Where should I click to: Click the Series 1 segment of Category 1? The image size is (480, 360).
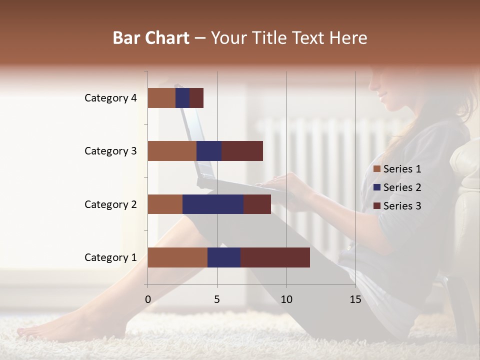tap(177, 257)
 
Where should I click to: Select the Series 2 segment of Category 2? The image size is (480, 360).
tap(212, 204)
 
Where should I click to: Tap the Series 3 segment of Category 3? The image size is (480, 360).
tap(242, 151)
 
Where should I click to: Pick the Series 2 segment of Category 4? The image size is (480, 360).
tap(182, 98)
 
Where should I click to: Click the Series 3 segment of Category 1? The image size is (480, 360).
tap(275, 257)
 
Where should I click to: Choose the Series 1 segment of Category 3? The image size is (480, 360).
tap(171, 151)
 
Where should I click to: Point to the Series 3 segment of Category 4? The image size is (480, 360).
tap(196, 98)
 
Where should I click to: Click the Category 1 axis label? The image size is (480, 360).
tap(110, 257)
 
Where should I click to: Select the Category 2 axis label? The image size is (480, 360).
tap(110, 204)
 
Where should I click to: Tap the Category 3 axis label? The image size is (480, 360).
tap(110, 151)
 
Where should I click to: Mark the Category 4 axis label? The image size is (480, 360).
tap(110, 98)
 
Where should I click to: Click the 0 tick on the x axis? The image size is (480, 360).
tap(147, 299)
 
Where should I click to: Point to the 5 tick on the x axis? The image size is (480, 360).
tap(217, 299)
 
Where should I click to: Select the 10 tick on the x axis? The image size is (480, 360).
tap(286, 299)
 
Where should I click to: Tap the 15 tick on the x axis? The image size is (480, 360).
tap(355, 299)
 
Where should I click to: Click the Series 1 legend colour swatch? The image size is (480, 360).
tap(376, 169)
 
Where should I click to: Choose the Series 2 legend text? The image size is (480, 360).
tap(402, 187)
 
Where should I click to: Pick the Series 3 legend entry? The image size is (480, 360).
tap(397, 206)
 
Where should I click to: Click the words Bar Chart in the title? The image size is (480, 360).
tap(150, 38)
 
